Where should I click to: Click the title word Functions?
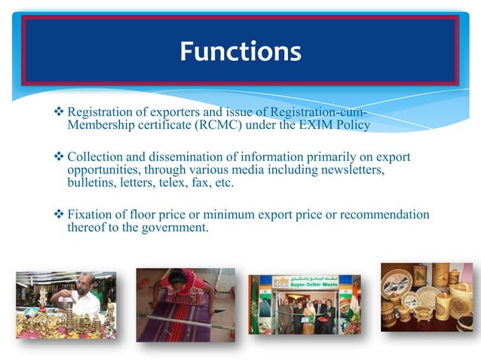(x=240, y=51)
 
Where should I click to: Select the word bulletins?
(x=89, y=183)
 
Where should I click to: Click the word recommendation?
(x=388, y=215)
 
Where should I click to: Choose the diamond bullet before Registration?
(x=60, y=113)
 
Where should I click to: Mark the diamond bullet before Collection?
(x=60, y=158)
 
